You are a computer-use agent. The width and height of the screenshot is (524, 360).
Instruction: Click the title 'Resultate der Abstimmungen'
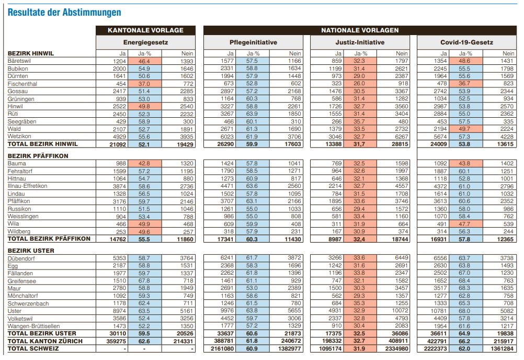[64, 13]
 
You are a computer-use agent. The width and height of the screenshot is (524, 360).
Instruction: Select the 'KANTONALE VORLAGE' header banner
[145, 30]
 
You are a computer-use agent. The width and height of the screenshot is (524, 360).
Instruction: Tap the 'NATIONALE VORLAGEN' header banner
[360, 30]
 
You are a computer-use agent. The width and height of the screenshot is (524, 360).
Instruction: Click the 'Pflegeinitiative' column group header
[253, 42]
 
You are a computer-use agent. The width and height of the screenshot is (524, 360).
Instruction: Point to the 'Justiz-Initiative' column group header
[360, 42]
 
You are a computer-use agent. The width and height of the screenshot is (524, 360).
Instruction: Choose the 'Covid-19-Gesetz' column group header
[467, 42]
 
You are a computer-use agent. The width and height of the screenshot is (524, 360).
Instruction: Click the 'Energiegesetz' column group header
[145, 42]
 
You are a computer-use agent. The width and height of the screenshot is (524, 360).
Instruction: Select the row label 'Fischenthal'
[22, 84]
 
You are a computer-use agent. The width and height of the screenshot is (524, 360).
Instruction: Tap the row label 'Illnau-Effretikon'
[27, 186]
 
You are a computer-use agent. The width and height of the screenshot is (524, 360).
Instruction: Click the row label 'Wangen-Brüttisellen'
[34, 326]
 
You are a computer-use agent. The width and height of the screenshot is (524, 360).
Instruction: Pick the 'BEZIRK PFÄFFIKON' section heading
[38, 156]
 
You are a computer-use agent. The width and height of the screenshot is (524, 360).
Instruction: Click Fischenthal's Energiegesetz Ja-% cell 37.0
[144, 84]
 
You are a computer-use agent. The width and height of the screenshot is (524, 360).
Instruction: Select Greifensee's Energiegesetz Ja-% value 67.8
[144, 281]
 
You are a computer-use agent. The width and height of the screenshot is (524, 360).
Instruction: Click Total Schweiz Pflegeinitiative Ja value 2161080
[222, 348]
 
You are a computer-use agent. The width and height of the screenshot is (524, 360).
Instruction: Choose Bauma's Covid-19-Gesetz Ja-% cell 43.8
[464, 163]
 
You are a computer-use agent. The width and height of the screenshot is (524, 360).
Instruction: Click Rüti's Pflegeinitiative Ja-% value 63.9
[252, 114]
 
